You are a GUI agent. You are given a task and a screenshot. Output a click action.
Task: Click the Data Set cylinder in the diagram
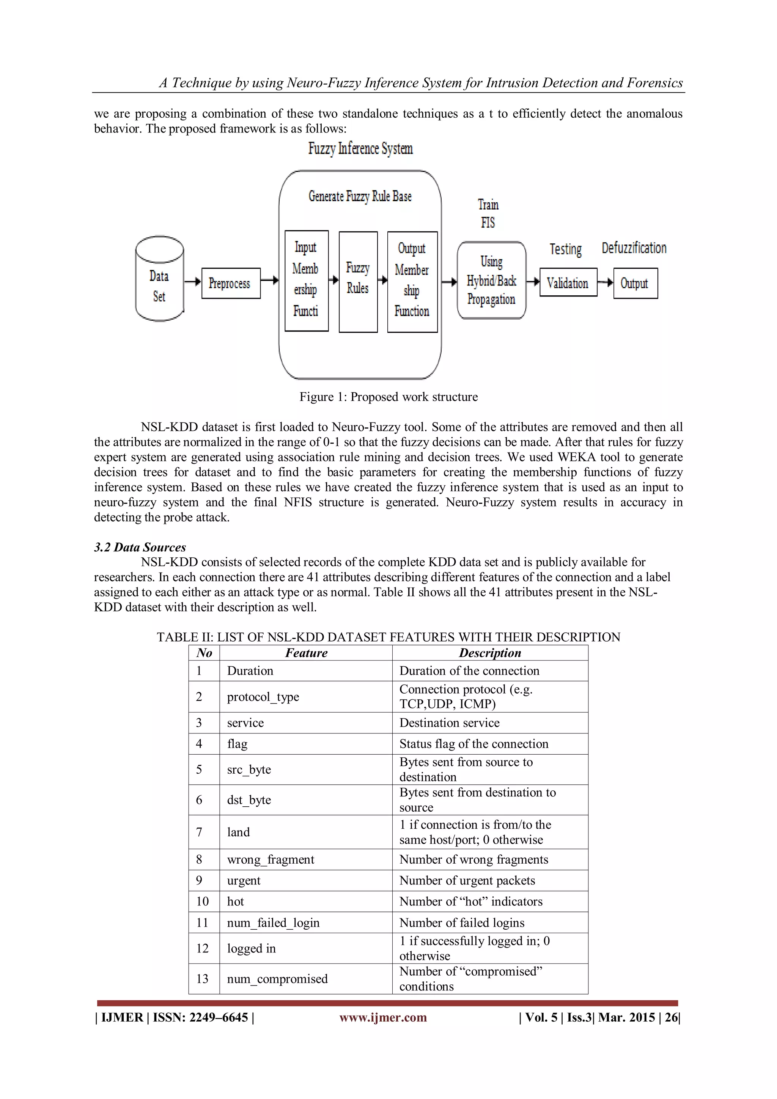(159, 279)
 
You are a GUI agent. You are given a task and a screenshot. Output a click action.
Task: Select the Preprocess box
(231, 283)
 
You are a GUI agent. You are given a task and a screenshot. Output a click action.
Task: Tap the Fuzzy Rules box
(358, 281)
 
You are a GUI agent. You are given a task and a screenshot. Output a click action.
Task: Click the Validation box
(568, 282)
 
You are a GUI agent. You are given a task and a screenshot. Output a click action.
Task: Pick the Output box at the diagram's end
(635, 283)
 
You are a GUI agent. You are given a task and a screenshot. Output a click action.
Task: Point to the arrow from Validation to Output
(605, 282)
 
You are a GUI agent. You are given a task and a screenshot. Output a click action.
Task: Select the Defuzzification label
(634, 248)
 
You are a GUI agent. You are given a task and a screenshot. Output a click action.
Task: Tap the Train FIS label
(488, 213)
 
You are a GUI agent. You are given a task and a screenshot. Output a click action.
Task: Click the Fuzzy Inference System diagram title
(360, 148)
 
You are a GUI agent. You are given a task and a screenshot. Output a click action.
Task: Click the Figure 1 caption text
(388, 397)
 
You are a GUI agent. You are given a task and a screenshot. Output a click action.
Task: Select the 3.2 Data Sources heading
(140, 547)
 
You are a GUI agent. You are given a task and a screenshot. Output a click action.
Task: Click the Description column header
(490, 653)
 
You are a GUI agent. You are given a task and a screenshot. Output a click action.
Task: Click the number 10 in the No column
(202, 901)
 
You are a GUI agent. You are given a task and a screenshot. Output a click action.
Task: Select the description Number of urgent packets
(467, 880)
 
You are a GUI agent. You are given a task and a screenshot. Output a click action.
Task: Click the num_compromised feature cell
(277, 979)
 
